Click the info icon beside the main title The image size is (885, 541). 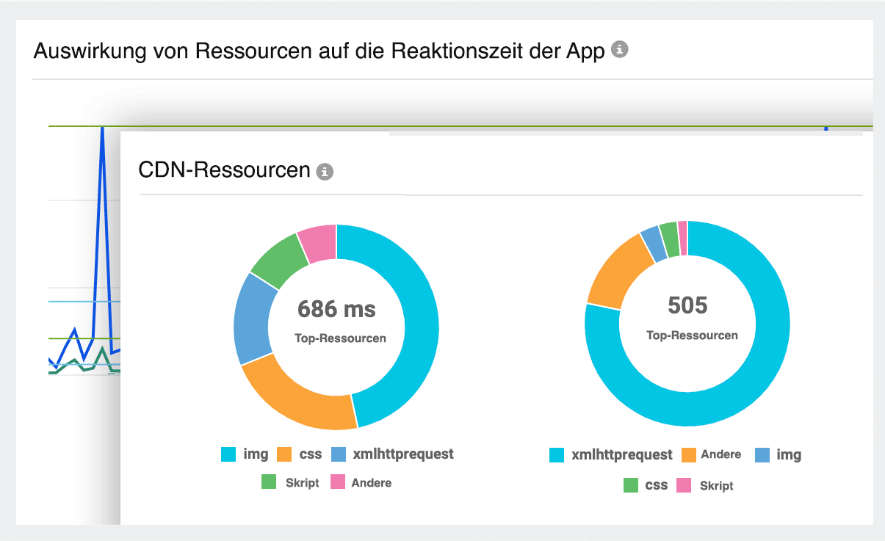(620, 50)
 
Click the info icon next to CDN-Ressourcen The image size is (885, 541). (324, 172)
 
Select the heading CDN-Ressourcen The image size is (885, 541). (224, 170)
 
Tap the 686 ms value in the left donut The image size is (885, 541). (336, 309)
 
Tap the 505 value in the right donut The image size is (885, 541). (687, 305)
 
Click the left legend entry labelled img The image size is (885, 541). (245, 454)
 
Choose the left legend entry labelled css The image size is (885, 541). (300, 454)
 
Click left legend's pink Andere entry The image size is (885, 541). (361, 483)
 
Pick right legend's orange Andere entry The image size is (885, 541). (711, 455)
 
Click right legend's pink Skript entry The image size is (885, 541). (705, 485)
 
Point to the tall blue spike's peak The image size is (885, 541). (102, 128)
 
